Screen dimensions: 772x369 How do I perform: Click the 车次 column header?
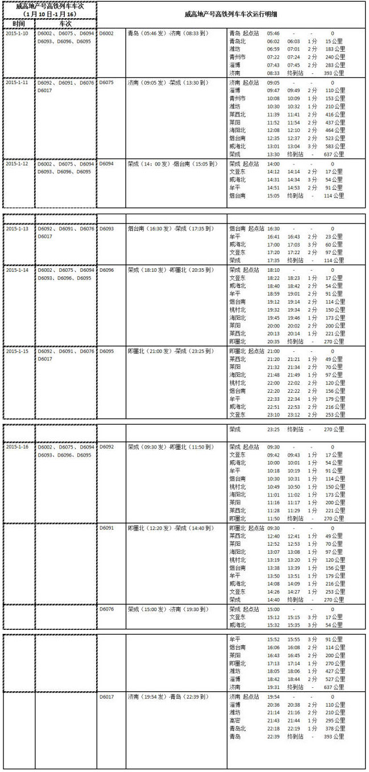click(x=65, y=24)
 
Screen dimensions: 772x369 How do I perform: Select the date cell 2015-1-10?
click(x=17, y=34)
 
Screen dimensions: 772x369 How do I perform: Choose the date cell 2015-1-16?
click(x=17, y=447)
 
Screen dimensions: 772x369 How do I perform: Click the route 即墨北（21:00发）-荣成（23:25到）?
click(x=170, y=351)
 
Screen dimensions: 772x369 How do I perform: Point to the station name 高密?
click(x=236, y=720)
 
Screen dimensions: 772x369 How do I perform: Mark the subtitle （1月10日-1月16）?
click(x=48, y=14)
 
